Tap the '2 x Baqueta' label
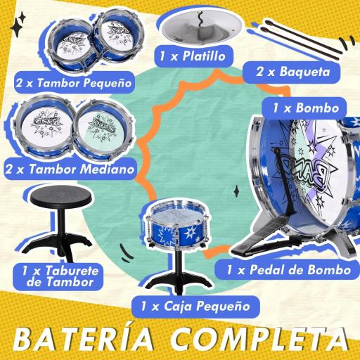pos(287,71)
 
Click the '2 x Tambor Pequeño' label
pos(74,83)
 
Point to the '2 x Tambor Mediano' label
pos(68,169)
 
